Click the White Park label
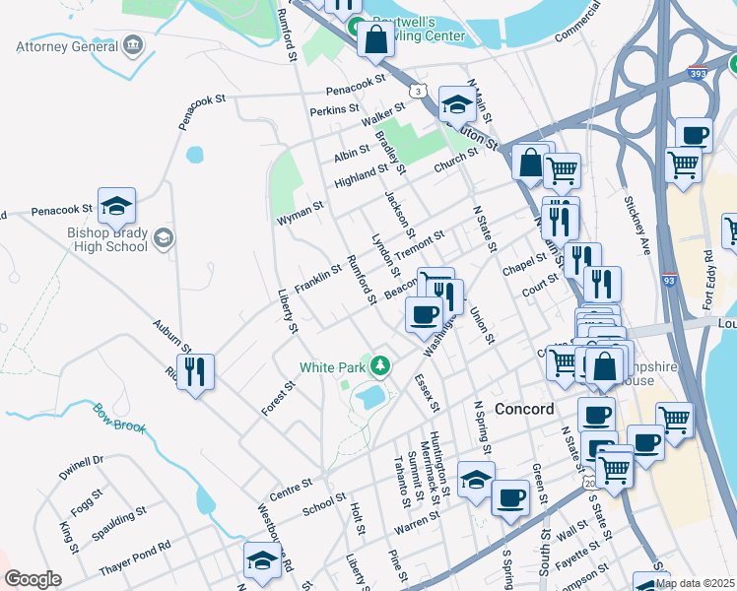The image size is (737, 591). click(x=332, y=367)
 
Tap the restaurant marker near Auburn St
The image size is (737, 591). click(x=195, y=372)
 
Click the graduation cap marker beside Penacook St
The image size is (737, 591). click(x=116, y=206)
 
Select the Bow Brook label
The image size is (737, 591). click(x=120, y=419)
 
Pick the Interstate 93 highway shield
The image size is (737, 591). click(x=669, y=281)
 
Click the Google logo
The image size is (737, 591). click(x=33, y=579)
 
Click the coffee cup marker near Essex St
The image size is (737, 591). click(x=424, y=314)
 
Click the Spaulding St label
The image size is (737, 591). click(x=119, y=522)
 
